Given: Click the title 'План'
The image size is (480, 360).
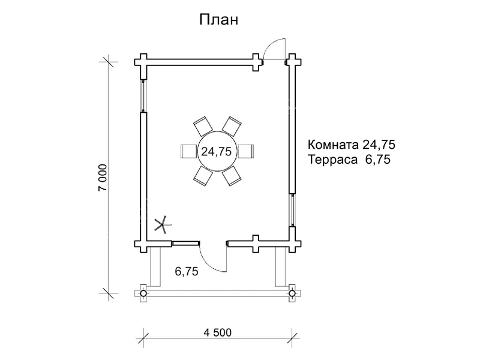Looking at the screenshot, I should tap(219, 19).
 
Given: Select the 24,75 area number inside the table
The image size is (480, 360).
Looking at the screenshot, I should tap(216, 152).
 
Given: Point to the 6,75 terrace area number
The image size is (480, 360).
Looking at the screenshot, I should tap(187, 271).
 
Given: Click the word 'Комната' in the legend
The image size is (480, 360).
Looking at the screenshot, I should tap(334, 145).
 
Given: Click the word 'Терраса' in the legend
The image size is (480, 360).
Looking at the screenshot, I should tap(333, 160).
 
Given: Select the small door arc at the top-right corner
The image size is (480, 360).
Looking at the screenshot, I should tap(275, 48).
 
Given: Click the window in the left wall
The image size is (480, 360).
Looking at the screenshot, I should tap(143, 94).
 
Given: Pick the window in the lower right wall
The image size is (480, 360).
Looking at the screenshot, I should tap(291, 209).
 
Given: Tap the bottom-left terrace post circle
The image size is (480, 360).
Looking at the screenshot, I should tap(143, 293).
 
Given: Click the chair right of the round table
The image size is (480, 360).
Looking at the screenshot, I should tap(245, 151).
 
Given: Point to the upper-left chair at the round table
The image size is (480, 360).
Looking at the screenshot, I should tap(202, 127).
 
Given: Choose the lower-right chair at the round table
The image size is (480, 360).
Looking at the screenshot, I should tap(231, 176).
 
